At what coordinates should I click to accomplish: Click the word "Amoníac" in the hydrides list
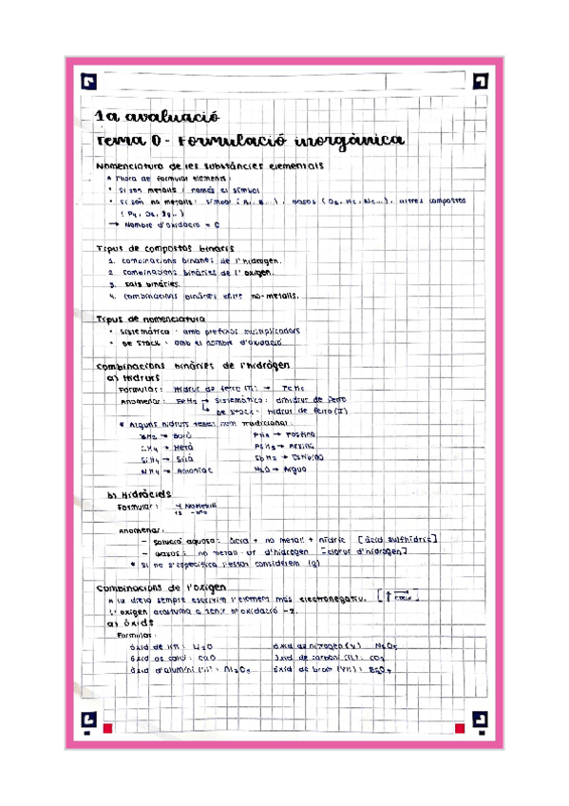coord(192,470)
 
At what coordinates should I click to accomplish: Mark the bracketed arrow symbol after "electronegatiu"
coord(400,597)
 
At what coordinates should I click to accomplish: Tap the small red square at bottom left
coord(108,728)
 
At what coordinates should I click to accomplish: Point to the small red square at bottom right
coord(460,728)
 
